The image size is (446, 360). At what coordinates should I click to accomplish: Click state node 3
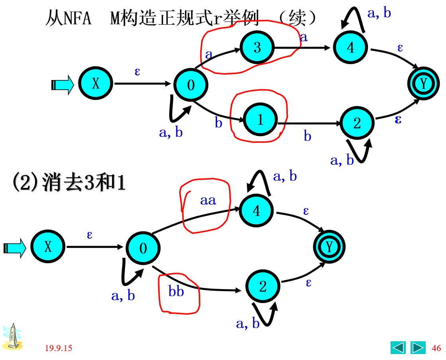(x=257, y=47)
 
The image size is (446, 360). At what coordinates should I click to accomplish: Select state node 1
(x=260, y=119)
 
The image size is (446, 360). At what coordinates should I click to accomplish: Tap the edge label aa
(x=208, y=200)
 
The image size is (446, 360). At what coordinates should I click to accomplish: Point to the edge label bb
(x=176, y=292)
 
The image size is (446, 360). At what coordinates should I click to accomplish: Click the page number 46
(x=436, y=348)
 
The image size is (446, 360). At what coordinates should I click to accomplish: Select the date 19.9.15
(x=59, y=348)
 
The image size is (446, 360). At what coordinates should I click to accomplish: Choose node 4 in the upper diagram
(x=350, y=47)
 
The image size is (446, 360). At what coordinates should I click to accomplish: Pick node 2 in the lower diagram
(x=263, y=286)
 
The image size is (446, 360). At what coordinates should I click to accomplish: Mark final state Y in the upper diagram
(x=423, y=84)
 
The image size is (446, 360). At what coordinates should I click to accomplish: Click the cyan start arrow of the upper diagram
(x=63, y=85)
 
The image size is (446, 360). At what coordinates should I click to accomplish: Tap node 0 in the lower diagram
(x=143, y=248)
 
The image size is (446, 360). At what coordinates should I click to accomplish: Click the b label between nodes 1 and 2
(x=307, y=136)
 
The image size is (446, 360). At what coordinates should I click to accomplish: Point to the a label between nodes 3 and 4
(x=304, y=37)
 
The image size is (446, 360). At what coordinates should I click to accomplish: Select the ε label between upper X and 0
(x=137, y=72)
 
